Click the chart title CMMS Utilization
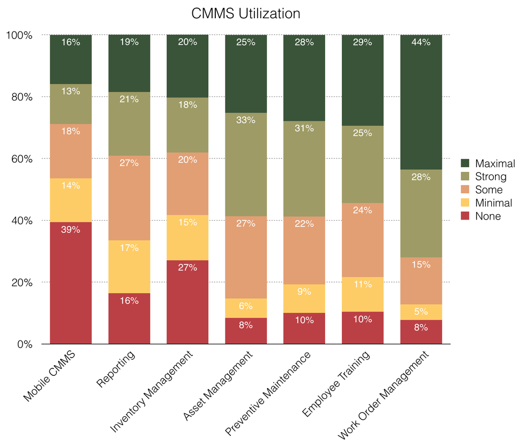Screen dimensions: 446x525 tap(246, 13)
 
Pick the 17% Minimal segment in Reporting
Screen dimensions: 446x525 tap(129, 267)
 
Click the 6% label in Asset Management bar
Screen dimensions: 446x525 tap(246, 307)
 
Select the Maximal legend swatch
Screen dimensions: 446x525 tap(465, 163)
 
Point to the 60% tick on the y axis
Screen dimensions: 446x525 tap(22, 159)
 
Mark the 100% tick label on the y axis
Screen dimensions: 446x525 tap(19, 35)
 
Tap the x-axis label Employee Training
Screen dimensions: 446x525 tap(336, 384)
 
